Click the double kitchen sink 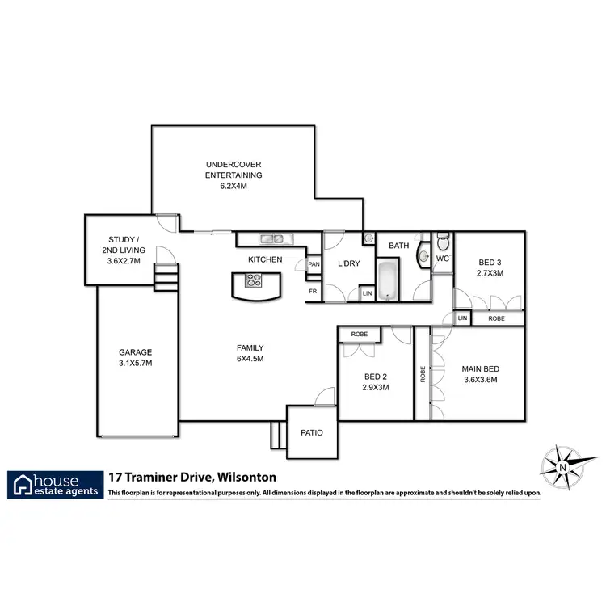pos(271,238)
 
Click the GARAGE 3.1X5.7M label pos(135,357)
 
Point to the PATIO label pos(312,433)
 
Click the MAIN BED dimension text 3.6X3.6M pos(479,379)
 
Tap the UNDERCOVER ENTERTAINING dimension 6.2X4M pos(234,185)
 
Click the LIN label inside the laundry pos(367,293)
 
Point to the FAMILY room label pos(250,353)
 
